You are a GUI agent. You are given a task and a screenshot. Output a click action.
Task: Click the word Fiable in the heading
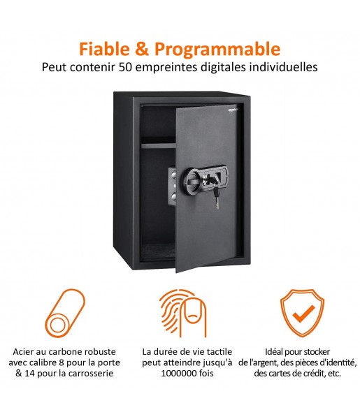[x=104, y=49]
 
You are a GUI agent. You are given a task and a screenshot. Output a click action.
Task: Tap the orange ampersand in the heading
[x=142, y=49]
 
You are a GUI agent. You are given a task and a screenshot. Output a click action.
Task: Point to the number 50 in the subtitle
[x=125, y=67]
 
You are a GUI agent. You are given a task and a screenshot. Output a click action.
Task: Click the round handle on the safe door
[x=192, y=178]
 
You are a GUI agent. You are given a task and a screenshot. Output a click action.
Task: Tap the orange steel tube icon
[x=65, y=313]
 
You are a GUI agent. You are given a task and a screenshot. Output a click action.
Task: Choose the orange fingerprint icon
[x=183, y=313]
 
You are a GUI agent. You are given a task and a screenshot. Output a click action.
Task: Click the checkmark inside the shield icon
[x=303, y=314]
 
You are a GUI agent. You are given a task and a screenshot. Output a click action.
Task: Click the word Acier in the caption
[x=22, y=352]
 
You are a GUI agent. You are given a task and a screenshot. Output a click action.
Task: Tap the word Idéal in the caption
[x=274, y=352]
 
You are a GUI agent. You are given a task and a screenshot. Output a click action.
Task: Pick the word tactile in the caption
[x=218, y=352]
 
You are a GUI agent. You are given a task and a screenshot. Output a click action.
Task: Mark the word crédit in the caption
[x=315, y=373]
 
